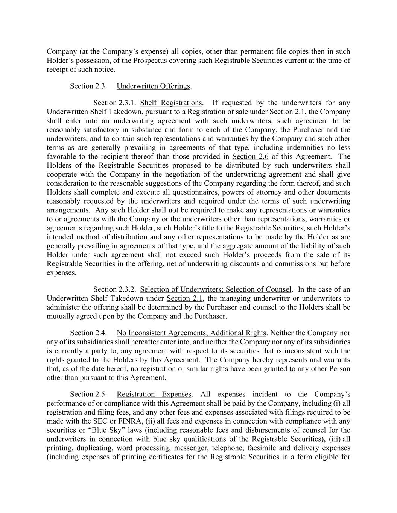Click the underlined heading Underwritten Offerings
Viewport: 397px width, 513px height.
click(x=153, y=86)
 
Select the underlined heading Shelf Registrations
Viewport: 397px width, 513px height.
click(x=171, y=103)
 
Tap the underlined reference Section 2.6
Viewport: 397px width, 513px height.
click(x=250, y=156)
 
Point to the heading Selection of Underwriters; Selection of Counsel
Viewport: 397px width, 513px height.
click(x=216, y=289)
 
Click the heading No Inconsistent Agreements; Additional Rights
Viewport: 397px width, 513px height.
click(x=191, y=333)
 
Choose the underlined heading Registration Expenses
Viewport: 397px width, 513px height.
click(x=154, y=394)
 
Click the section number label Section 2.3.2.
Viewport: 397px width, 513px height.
click(x=115, y=289)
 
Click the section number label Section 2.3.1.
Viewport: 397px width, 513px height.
click(x=115, y=103)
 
